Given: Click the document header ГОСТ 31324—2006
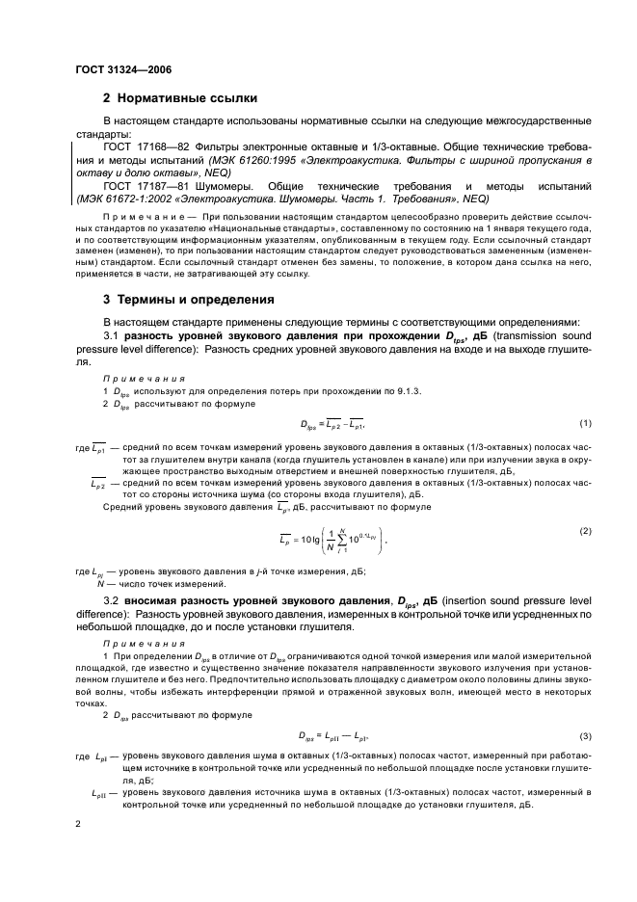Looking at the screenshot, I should click(119, 69).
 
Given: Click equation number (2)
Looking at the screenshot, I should click(584, 531).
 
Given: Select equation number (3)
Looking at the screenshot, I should click(584, 735).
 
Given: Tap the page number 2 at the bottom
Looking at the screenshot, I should click(79, 825).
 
